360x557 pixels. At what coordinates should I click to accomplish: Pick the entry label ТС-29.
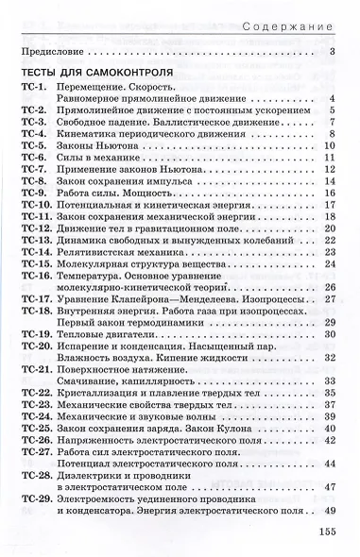34,498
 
